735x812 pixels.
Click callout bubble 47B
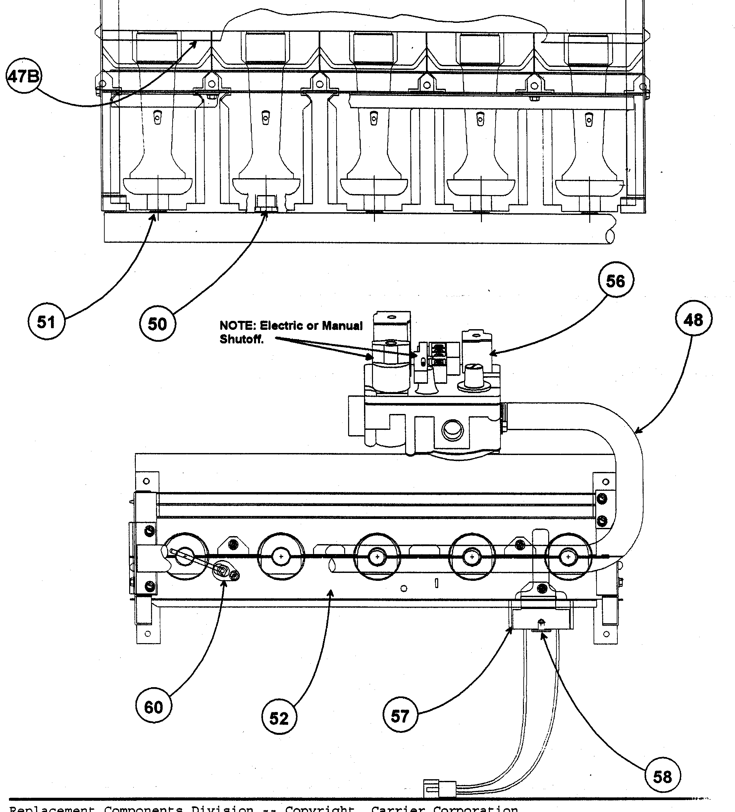click(x=24, y=76)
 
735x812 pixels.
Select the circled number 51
click(x=46, y=322)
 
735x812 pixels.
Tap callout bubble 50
click(x=157, y=324)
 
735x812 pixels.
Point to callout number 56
click(x=615, y=281)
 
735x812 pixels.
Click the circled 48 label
click(x=693, y=320)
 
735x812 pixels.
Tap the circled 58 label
click(x=662, y=776)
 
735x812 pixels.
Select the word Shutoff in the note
click(x=241, y=339)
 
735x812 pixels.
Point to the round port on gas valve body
click(x=452, y=431)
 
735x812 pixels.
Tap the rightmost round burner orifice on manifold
click(x=568, y=557)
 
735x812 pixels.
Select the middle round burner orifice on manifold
click(x=377, y=557)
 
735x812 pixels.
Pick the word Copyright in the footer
click(x=320, y=808)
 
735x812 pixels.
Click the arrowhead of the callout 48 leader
click(x=637, y=432)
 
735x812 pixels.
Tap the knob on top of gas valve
click(x=471, y=376)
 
